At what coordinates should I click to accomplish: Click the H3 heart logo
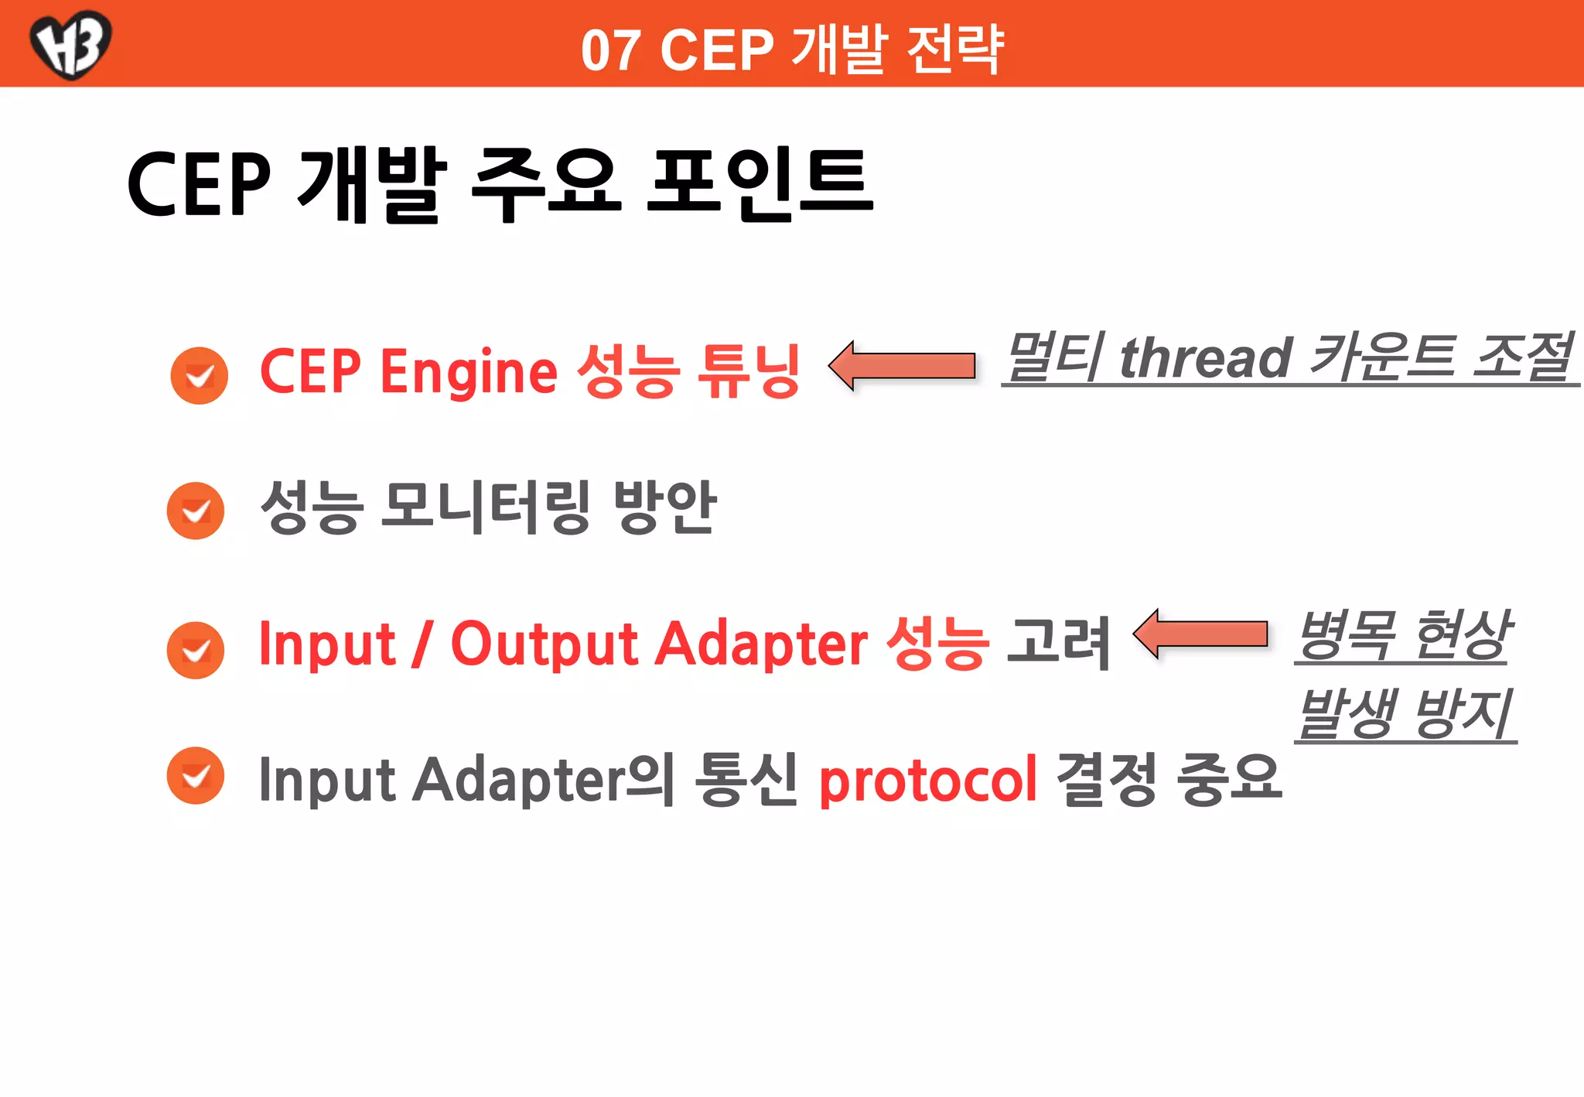70,43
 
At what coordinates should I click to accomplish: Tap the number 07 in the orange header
610,51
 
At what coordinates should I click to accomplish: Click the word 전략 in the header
955,50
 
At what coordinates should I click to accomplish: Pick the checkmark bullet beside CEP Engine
200,376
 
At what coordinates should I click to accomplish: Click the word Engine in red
469,372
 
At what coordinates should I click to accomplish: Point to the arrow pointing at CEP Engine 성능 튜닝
902,365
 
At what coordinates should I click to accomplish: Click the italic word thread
1206,358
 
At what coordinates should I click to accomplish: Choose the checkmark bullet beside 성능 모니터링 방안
196,511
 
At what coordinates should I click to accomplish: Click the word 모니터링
486,507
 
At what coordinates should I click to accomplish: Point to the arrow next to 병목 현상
1201,634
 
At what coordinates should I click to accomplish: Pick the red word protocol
927,781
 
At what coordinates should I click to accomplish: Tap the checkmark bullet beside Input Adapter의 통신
196,775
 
